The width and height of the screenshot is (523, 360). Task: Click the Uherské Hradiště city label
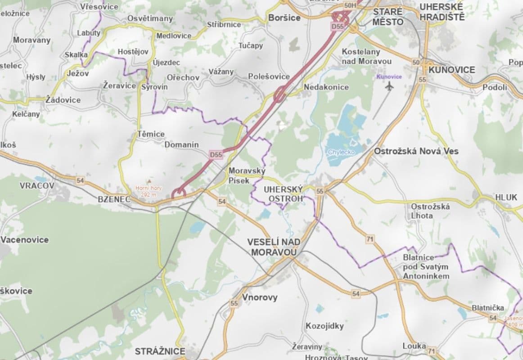[441, 12]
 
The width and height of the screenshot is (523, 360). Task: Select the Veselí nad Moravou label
[274, 247]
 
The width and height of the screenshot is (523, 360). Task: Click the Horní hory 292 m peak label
[150, 191]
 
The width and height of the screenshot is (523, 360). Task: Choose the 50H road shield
[349, 5]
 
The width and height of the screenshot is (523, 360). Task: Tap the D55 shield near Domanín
[216, 155]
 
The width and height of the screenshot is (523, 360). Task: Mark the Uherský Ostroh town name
[283, 194]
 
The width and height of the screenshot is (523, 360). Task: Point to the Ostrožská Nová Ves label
[416, 151]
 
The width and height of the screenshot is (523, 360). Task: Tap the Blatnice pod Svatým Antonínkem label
[425, 266]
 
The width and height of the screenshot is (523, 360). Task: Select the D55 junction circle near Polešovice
[280, 94]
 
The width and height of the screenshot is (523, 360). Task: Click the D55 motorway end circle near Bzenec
[179, 193]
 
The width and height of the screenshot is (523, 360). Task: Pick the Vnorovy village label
[260, 297]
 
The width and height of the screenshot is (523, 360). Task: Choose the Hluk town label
[506, 197]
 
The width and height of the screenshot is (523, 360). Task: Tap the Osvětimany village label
[150, 18]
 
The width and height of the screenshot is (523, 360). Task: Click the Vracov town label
[37, 185]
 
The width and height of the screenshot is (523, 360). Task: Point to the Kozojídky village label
[325, 326]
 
